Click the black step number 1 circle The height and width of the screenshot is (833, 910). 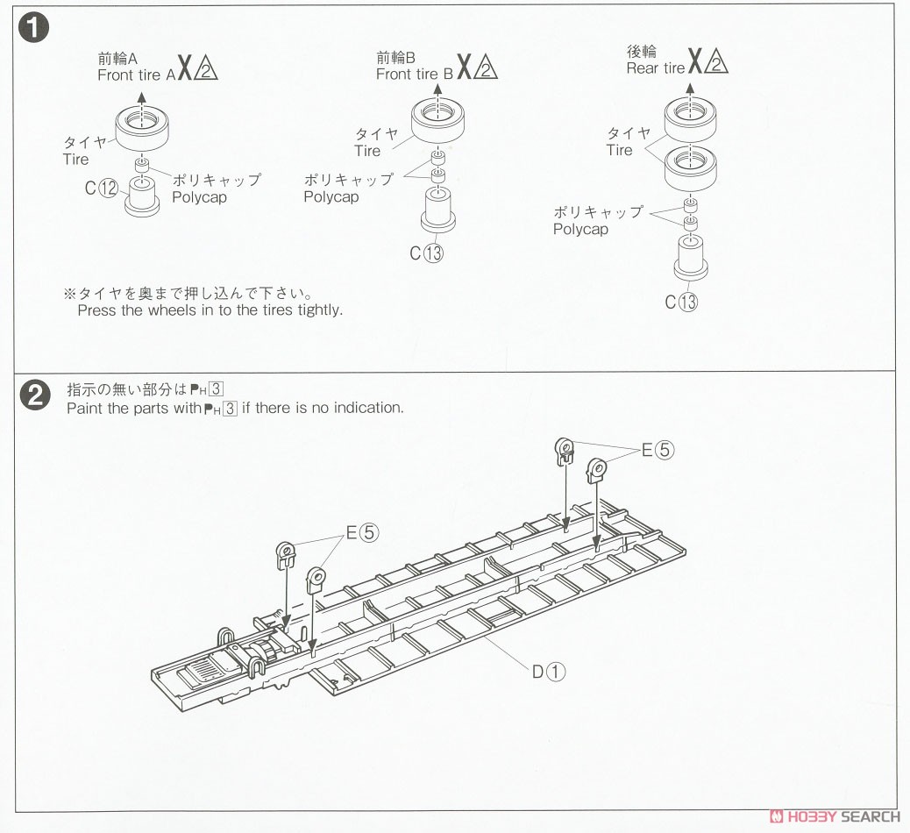[33, 28]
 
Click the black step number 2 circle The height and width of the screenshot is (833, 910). [35, 395]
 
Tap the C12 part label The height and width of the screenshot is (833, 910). [101, 188]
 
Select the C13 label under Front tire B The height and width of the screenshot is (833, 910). [426, 253]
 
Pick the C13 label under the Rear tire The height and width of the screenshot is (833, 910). [681, 302]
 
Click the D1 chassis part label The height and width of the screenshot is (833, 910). [549, 672]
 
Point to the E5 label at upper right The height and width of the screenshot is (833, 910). [658, 450]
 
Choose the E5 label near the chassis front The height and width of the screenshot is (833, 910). [362, 532]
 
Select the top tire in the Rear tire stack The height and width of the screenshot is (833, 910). [690, 119]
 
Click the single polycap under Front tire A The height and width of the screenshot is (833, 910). [143, 164]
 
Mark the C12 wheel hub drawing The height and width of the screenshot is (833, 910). [142, 197]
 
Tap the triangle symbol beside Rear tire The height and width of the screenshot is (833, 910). [716, 61]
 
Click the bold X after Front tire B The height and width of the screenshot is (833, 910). [465, 68]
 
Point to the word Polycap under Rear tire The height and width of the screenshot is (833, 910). [580, 229]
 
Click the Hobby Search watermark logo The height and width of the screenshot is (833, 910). [835, 816]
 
